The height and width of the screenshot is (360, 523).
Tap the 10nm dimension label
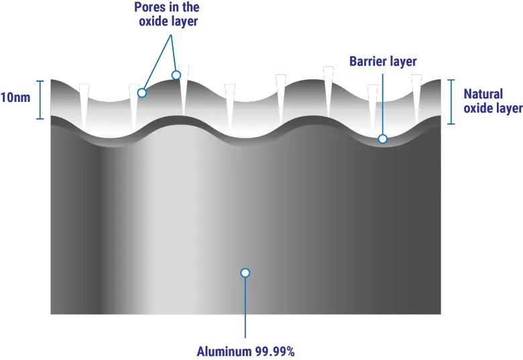(15, 98)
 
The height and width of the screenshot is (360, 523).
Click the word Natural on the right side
(483, 94)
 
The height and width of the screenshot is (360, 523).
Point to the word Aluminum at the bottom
(224, 352)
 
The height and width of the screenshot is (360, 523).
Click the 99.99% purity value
(275, 352)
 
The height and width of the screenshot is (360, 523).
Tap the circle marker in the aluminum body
(245, 273)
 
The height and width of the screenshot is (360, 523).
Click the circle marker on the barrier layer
(383, 139)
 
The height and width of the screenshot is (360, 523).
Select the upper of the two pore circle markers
(176, 75)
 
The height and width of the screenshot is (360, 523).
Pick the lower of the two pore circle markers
(142, 93)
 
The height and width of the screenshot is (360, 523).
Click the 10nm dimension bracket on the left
(40, 100)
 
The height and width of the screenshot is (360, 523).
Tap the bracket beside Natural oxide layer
(451, 102)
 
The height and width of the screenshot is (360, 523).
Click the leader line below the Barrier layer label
(383, 104)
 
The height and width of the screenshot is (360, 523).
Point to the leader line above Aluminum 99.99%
(245, 308)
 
